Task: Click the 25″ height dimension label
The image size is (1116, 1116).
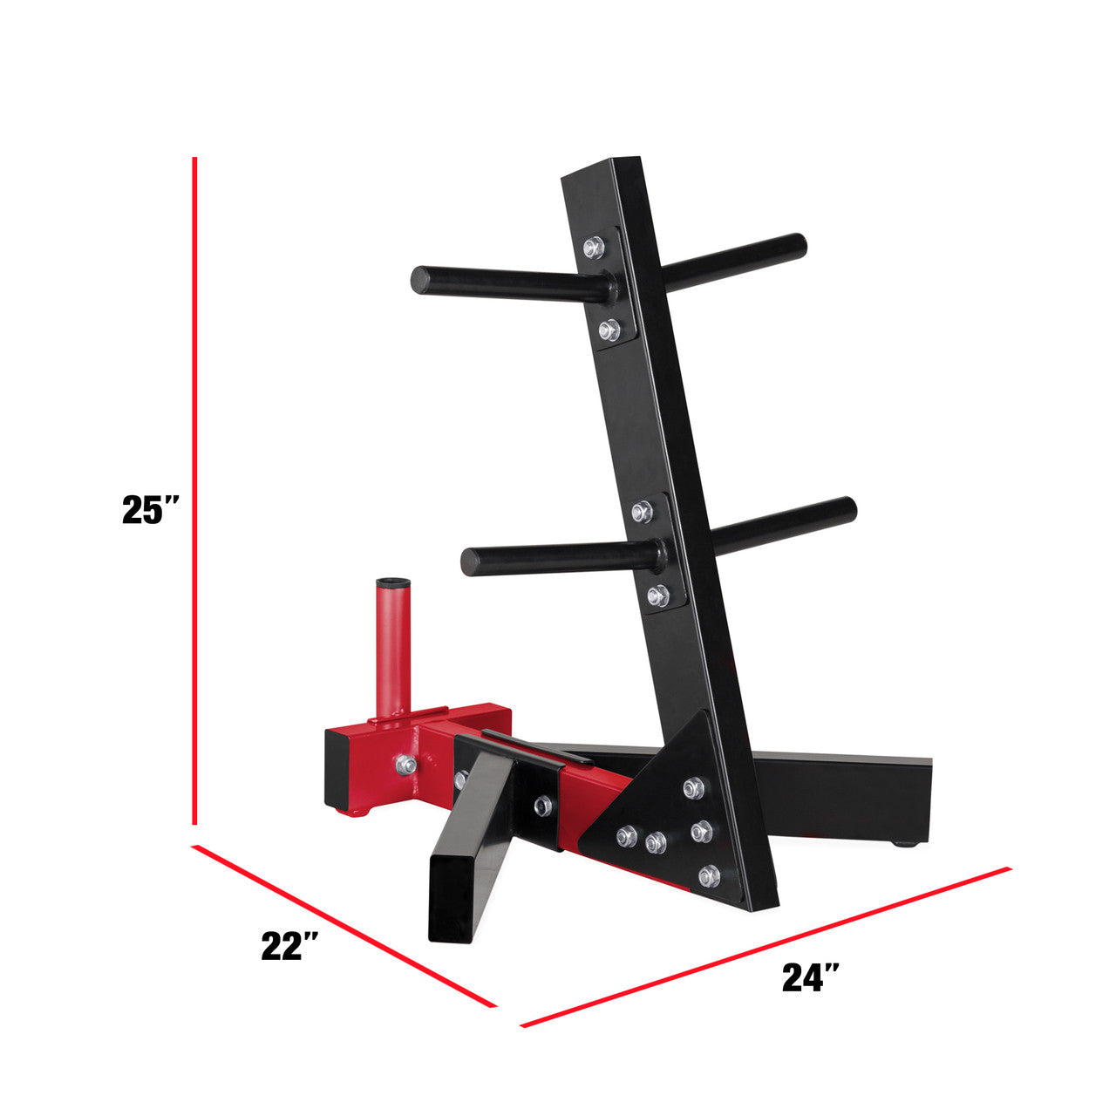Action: (x=151, y=510)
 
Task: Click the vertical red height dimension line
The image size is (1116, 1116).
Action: (x=194, y=491)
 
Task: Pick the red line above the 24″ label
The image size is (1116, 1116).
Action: (x=766, y=956)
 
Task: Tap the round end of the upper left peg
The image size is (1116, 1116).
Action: (x=421, y=280)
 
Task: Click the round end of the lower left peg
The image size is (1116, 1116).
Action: (x=472, y=561)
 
